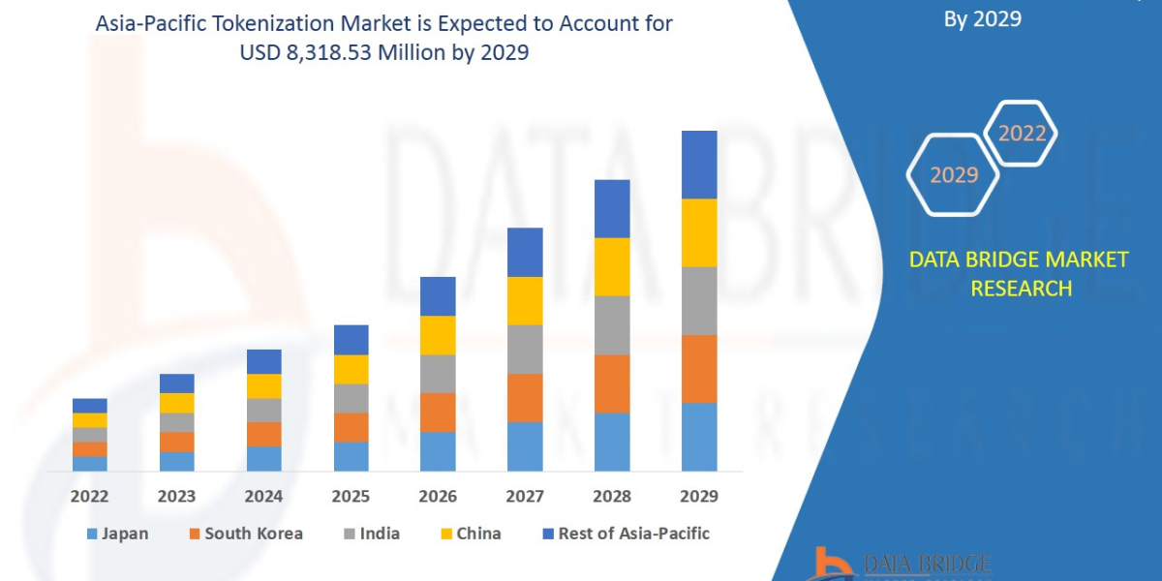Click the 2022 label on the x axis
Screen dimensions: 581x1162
click(x=89, y=497)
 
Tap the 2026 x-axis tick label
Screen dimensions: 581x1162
click(x=438, y=497)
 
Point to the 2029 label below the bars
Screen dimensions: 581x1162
click(x=699, y=497)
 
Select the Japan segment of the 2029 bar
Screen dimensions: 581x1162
click(x=699, y=437)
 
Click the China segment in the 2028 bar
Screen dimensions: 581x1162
click(x=612, y=266)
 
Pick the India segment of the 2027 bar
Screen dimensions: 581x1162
click(x=525, y=349)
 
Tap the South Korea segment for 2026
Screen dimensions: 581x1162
click(x=438, y=413)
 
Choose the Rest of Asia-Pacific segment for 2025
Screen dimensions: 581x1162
click(x=352, y=340)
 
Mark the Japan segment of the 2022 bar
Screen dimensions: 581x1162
click(x=90, y=464)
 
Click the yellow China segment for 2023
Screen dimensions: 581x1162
click(x=177, y=403)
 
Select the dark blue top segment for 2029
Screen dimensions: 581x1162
click(x=699, y=165)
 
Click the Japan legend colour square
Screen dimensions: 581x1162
click(x=92, y=534)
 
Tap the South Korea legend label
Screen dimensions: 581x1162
click(x=254, y=534)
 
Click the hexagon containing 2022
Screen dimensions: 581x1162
click(x=1021, y=134)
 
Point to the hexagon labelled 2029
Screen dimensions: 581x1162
click(x=954, y=175)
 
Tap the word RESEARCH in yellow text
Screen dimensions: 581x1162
click(x=1021, y=288)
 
